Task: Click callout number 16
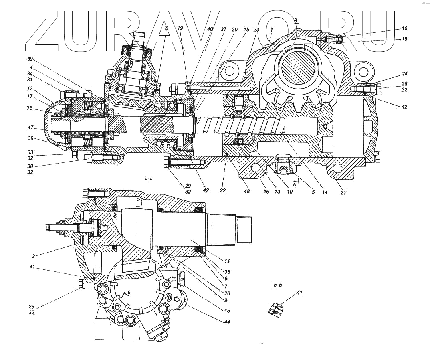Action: click(404, 28)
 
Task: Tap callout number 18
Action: click(404, 39)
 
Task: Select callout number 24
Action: click(404, 74)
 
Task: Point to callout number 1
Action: click(272, 30)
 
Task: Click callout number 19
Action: click(180, 29)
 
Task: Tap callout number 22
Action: click(223, 191)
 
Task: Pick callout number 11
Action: click(227, 261)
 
